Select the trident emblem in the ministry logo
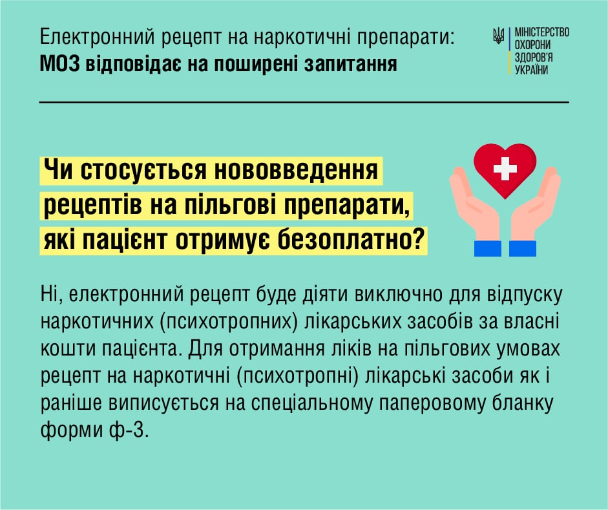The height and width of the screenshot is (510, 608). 498,36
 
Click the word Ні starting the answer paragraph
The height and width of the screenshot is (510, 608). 49,295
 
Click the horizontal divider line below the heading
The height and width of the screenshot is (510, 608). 304,102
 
